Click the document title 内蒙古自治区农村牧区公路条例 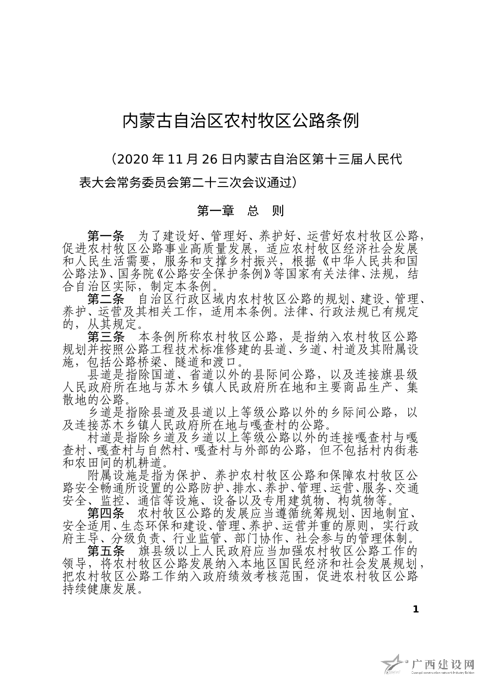[240, 121]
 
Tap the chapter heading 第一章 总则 [240, 211]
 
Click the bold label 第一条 [105, 236]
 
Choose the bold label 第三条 [105, 336]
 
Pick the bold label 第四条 [105, 513]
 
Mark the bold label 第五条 [105, 551]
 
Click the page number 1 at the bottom [415, 609]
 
